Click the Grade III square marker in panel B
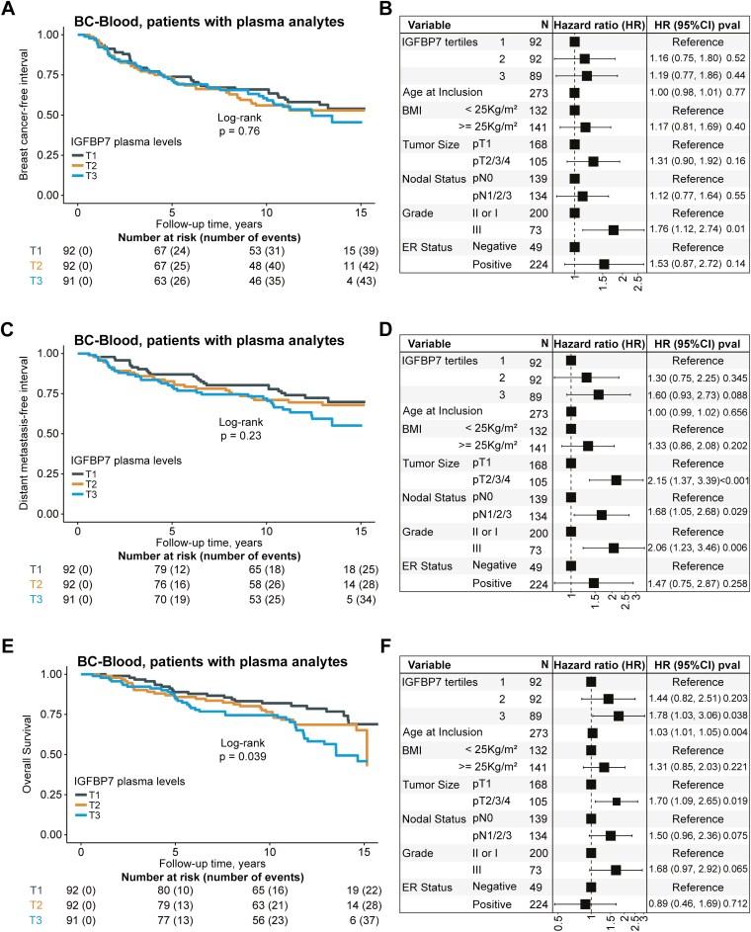click(x=614, y=229)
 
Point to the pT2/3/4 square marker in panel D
click(x=617, y=479)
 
